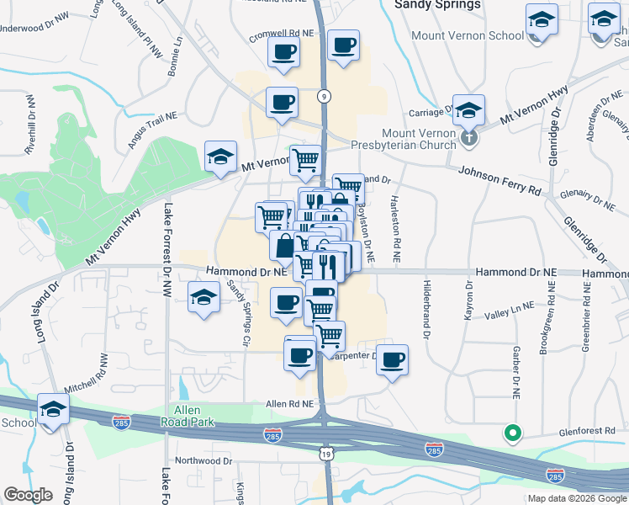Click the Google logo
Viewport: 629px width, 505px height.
tap(28, 496)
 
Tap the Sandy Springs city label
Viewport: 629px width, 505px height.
tap(437, 5)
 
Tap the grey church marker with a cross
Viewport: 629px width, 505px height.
tap(469, 136)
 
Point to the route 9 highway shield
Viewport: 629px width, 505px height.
tap(323, 97)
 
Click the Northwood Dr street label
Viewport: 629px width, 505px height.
tap(203, 461)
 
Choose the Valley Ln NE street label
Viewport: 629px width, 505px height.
tap(510, 311)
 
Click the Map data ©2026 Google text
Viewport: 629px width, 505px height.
tap(576, 498)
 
